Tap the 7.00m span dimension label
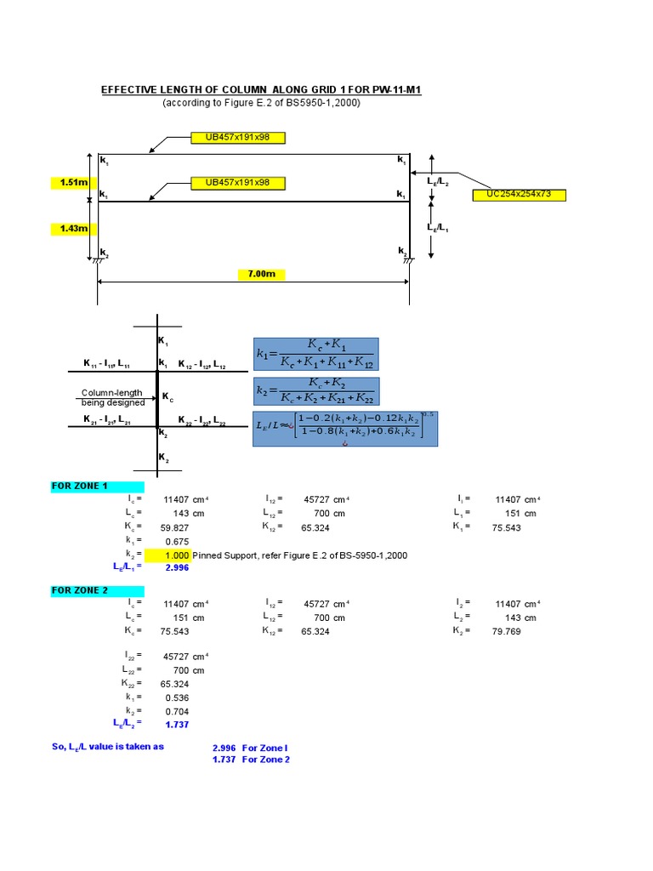pyautogui.click(x=261, y=274)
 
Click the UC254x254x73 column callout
pyautogui.click(x=519, y=195)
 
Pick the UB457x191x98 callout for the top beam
pyautogui.click(x=237, y=137)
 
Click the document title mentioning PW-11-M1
pyautogui.click(x=261, y=89)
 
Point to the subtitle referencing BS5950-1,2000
pyautogui.click(x=261, y=103)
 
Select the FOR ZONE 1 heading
pyautogui.click(x=80, y=487)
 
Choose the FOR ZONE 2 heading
pyautogui.click(x=80, y=590)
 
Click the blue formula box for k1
pyautogui.click(x=315, y=354)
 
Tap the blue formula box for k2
pyautogui.click(x=315, y=391)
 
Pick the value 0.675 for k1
pyautogui.click(x=177, y=541)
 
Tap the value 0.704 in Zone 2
pyautogui.click(x=177, y=711)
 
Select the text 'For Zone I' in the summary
pyautogui.click(x=265, y=749)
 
